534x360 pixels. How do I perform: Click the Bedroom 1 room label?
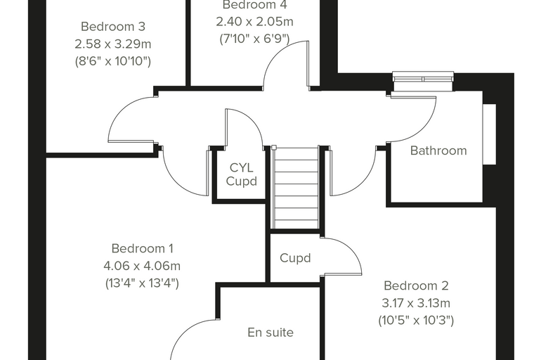[x=143, y=248]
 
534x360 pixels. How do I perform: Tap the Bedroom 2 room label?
[x=416, y=285]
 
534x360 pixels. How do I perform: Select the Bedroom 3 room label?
[x=113, y=26]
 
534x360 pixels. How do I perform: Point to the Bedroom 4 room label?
[x=255, y=5]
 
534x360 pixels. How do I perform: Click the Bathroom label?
[x=438, y=150]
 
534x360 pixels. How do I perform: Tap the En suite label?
[x=271, y=333]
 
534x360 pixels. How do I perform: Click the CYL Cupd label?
[x=242, y=174]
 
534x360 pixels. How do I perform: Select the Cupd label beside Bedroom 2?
[x=295, y=258]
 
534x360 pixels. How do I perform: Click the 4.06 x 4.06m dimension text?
[x=142, y=266]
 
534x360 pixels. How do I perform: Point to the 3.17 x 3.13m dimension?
[x=416, y=303]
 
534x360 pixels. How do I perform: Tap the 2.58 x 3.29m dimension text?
[x=113, y=44]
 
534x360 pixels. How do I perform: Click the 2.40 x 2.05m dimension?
[x=255, y=22]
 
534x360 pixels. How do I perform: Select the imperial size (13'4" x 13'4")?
[x=142, y=283]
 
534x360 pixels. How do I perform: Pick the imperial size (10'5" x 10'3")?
[x=416, y=320]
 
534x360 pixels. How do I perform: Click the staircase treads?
[x=296, y=188]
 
